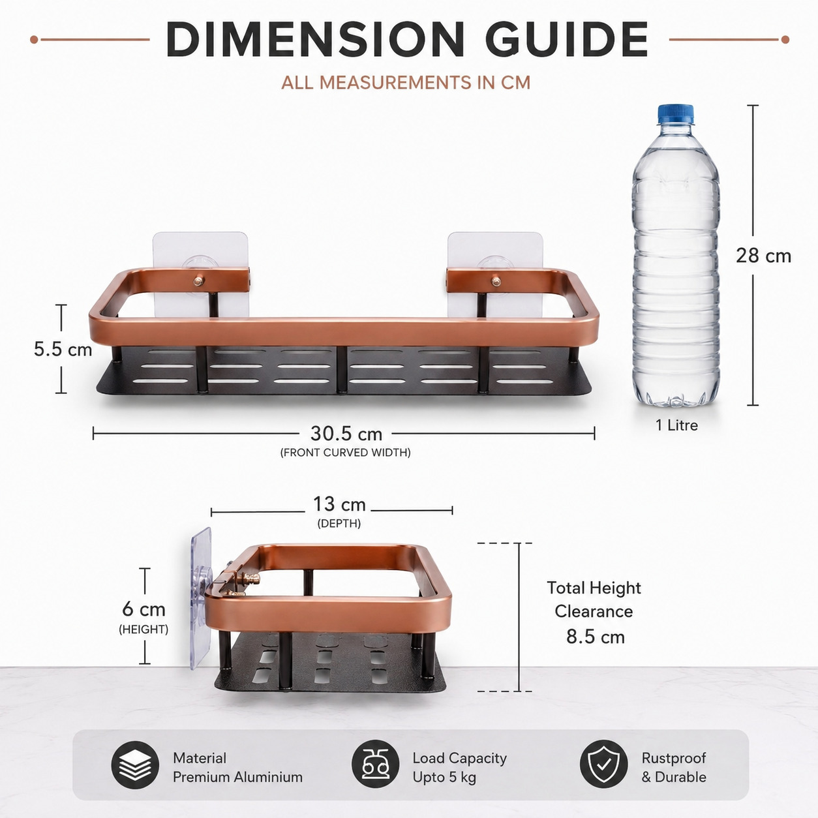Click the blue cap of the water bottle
[x=676, y=114]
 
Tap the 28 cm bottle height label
[x=764, y=256]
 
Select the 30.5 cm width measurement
[x=346, y=433]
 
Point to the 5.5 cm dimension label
[x=63, y=350]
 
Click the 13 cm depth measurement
[x=339, y=504]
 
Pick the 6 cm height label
[x=144, y=609]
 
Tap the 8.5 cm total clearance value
[x=595, y=637]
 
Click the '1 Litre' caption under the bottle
[x=676, y=425]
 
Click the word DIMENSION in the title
[x=314, y=39]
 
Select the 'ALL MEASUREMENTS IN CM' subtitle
[x=406, y=82]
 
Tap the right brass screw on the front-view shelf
[x=496, y=280]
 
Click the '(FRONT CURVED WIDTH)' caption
[x=346, y=453]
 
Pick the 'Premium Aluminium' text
[x=237, y=777]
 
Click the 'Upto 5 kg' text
[x=444, y=778]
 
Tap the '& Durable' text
[x=674, y=777]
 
